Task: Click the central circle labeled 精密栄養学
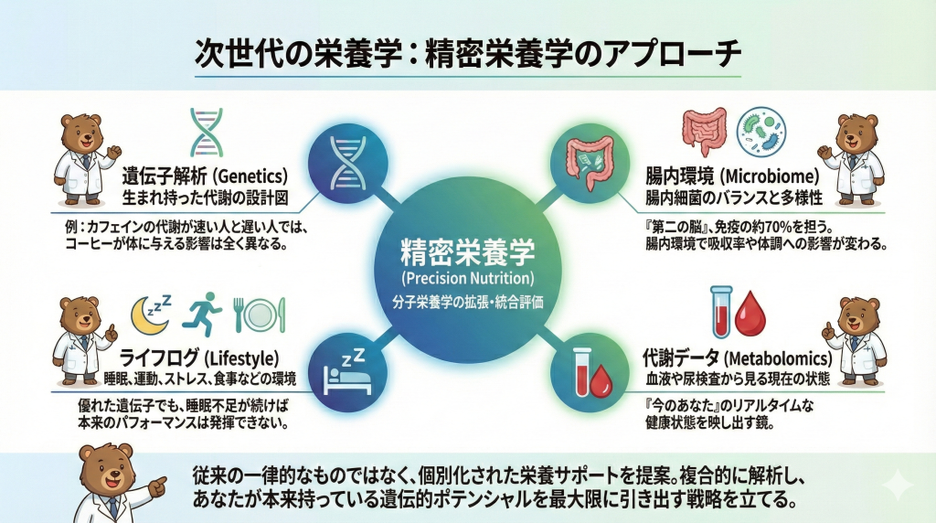tap(467, 270)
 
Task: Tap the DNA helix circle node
tap(348, 163)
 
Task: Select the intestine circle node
tap(590, 163)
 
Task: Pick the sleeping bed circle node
tap(347, 372)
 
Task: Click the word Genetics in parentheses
tap(250, 176)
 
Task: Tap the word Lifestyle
tap(241, 358)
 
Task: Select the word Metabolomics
tap(778, 358)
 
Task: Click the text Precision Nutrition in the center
tap(468, 278)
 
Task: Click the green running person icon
tap(201, 314)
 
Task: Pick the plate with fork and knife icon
tap(259, 315)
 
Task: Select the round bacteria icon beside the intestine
tap(761, 132)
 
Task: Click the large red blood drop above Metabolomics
tap(750, 315)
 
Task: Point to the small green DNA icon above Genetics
tap(207, 133)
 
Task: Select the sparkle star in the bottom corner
tap(898, 484)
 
